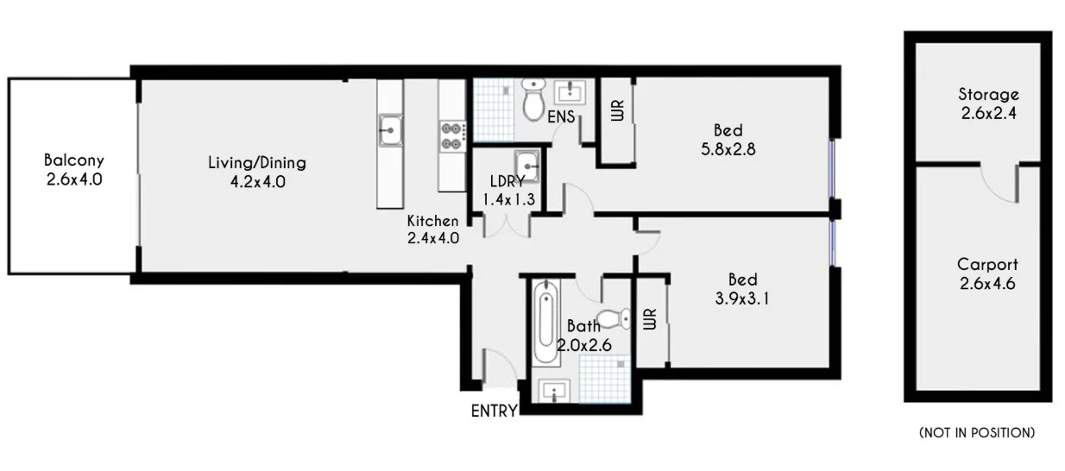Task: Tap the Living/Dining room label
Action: click(256, 172)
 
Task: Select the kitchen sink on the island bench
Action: click(390, 129)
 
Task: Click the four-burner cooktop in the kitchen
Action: click(452, 131)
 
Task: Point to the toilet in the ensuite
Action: click(534, 99)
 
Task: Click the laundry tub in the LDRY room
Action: click(526, 163)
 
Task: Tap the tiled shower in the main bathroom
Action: click(605, 380)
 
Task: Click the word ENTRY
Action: click(494, 411)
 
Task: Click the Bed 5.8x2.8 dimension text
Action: click(728, 148)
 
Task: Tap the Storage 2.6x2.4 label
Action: click(988, 103)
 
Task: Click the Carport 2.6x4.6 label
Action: click(987, 273)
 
